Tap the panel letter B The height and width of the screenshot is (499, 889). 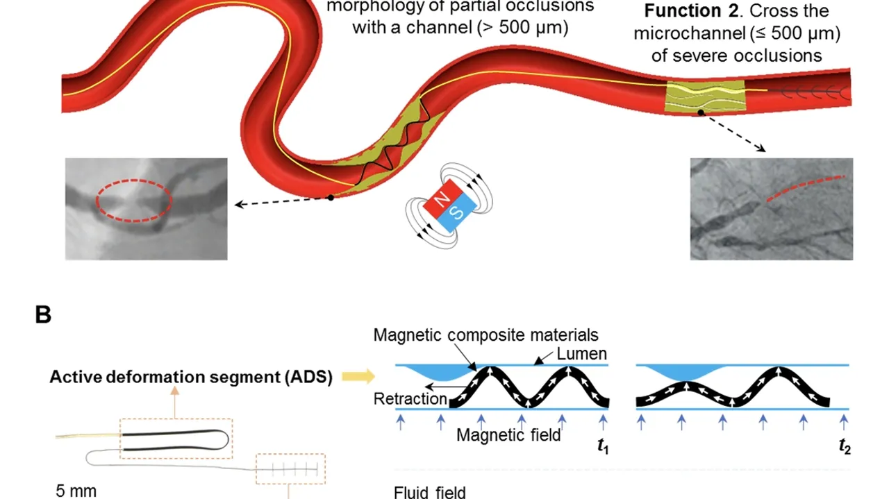(43, 315)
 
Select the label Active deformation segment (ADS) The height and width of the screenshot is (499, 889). (191, 377)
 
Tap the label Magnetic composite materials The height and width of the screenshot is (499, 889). (485, 335)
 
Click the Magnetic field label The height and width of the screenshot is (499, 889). (508, 436)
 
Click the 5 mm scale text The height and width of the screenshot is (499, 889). (76, 491)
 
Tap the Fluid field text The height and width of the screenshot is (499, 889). (429, 493)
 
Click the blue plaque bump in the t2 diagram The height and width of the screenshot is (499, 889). (684, 373)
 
